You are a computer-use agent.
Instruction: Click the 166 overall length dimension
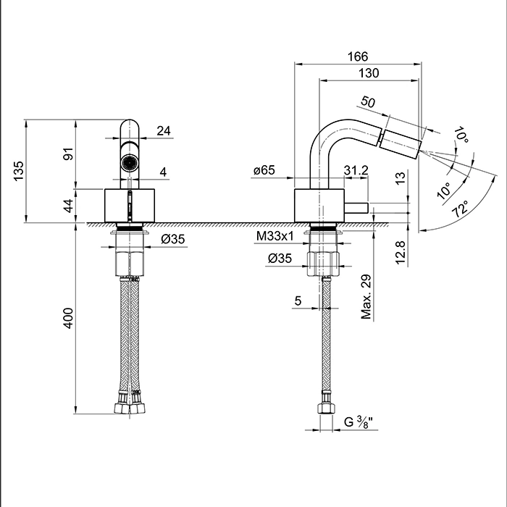point(358,56)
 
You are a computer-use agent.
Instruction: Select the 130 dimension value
point(369,73)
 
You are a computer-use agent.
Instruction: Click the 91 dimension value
point(70,154)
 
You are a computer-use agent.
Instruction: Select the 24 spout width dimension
point(164,131)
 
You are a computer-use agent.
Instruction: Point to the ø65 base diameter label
point(264,171)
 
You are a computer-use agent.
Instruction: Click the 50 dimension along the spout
point(368,103)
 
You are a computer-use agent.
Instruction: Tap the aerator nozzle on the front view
point(129,162)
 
